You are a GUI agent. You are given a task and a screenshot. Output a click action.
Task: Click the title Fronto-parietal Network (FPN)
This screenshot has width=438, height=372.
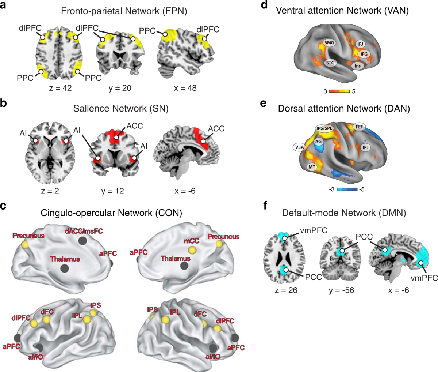(124, 11)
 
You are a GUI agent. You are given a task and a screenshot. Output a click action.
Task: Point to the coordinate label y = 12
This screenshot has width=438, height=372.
(112, 191)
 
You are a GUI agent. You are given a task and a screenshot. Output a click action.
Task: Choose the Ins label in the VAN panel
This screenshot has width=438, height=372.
(358, 66)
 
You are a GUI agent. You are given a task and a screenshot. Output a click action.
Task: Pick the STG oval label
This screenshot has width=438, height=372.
(330, 63)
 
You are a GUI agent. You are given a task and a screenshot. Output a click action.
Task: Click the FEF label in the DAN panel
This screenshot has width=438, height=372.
(360, 127)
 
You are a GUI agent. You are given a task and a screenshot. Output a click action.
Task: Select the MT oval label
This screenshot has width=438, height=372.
(311, 167)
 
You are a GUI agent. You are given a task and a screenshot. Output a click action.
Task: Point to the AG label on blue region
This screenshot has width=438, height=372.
(318, 141)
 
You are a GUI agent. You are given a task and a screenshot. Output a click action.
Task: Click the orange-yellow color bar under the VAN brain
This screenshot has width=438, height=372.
(339, 91)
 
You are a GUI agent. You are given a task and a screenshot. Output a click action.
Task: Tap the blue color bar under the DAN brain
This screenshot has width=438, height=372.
(346, 189)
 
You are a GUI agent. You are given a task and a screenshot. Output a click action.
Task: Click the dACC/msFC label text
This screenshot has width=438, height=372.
(84, 231)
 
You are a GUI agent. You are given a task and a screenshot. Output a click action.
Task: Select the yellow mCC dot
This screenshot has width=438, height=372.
(192, 250)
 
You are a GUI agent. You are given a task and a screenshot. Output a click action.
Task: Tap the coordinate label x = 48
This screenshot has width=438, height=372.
(184, 88)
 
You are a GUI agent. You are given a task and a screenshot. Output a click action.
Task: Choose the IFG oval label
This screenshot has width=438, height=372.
(364, 54)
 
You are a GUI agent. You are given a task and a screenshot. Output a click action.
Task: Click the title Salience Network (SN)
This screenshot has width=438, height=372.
(121, 108)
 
